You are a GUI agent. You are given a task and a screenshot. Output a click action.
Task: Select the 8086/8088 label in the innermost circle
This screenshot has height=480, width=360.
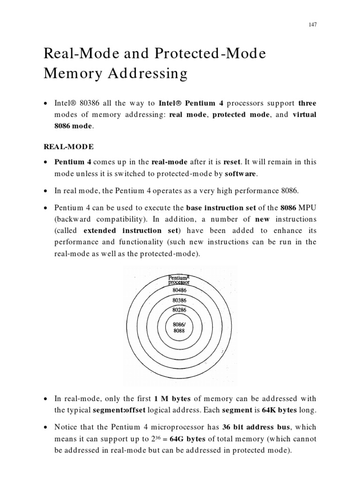[179, 327]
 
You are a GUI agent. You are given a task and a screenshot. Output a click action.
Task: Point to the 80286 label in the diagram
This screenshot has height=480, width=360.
[179, 310]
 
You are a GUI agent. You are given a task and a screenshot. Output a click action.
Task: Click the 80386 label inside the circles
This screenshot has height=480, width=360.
[179, 300]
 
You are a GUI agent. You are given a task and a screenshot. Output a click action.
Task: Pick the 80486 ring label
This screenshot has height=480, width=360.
[179, 290]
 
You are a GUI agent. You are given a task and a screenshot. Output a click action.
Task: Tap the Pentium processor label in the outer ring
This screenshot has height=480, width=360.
[179, 280]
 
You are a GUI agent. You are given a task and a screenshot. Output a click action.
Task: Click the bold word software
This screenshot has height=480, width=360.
[241, 174]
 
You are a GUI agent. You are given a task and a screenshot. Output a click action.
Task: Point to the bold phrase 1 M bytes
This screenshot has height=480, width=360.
[172, 399]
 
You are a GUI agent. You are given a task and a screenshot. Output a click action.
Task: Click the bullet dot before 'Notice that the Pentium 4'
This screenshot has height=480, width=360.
[45, 427]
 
